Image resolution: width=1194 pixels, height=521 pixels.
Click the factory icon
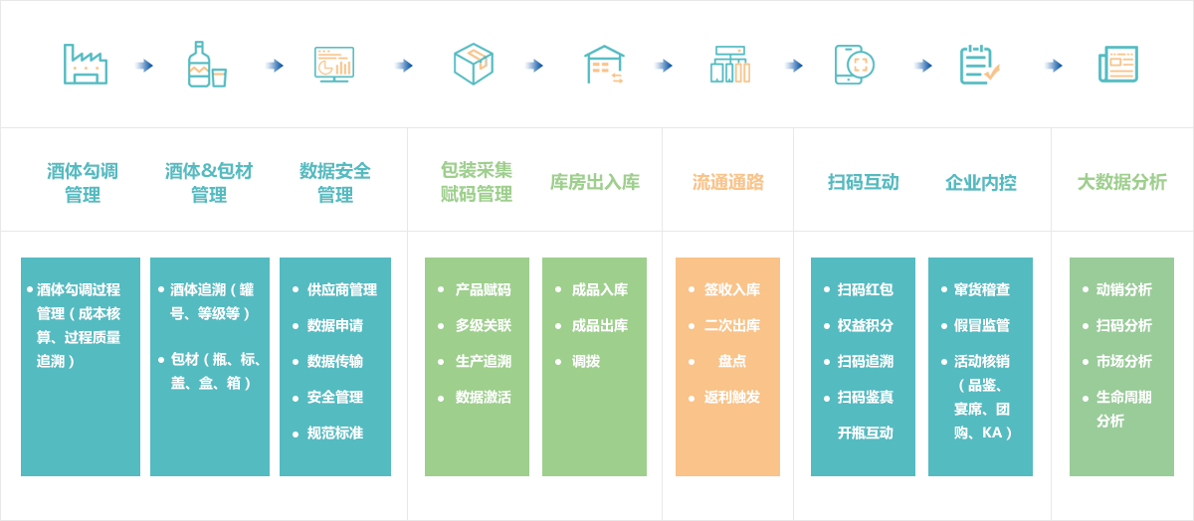tap(86, 65)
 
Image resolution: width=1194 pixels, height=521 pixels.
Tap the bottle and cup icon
tap(207, 65)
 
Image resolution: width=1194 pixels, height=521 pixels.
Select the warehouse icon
tap(604, 65)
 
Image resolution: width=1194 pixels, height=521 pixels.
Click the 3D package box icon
tap(473, 65)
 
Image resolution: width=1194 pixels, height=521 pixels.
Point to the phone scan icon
tap(854, 65)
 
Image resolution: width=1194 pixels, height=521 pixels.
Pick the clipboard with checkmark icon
tap(980, 65)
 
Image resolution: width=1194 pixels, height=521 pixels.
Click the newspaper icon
tap(1118, 65)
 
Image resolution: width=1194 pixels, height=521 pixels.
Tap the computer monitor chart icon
tap(334, 65)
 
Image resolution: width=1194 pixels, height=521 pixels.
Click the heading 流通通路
tap(727, 182)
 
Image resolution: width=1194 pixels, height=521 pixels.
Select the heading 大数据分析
tap(1122, 182)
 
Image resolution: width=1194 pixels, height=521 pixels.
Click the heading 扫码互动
tap(863, 182)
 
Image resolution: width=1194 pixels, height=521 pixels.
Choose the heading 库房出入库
tap(595, 182)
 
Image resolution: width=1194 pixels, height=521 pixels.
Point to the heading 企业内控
tap(981, 183)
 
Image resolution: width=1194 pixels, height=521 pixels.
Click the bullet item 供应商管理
tap(341, 289)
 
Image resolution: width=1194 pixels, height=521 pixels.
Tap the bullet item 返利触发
tap(732, 397)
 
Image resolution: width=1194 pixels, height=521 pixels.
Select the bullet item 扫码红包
tap(865, 289)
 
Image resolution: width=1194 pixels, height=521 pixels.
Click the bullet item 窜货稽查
tap(982, 289)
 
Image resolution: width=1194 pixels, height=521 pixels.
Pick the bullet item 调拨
tap(586, 361)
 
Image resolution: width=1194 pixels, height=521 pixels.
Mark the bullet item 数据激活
tap(483, 397)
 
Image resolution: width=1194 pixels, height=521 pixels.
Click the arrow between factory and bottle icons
tap(144, 66)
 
